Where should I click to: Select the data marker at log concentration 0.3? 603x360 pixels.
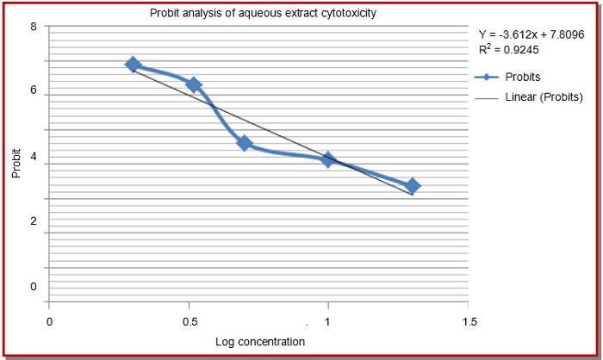(x=133, y=65)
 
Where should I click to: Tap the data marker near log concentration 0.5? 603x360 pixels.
(x=194, y=84)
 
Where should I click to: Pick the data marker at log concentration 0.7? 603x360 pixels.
(x=244, y=143)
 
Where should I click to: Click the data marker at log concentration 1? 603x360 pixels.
(x=327, y=159)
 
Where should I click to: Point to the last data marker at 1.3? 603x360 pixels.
(x=413, y=185)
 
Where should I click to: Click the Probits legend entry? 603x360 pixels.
(x=523, y=77)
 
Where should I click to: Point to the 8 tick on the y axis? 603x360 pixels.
(x=33, y=26)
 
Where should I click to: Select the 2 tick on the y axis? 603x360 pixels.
(x=33, y=222)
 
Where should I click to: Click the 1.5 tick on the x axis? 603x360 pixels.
(x=468, y=321)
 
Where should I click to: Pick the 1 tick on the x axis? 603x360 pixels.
(x=327, y=321)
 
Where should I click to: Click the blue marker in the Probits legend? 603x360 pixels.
(x=488, y=77)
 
